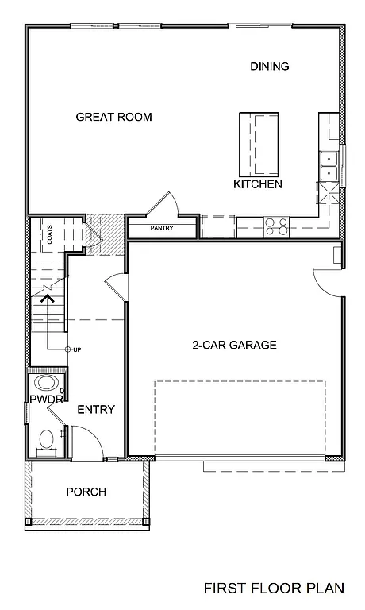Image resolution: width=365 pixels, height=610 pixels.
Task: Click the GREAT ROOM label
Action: [x=113, y=117]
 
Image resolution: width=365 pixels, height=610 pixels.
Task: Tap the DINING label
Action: [x=269, y=66]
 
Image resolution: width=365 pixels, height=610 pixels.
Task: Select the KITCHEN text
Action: [x=258, y=184]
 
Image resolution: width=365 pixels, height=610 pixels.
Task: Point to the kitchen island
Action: [x=259, y=143]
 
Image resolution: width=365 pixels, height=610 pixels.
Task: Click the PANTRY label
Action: [x=162, y=229]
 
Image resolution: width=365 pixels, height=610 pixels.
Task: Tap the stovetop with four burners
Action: [x=276, y=227]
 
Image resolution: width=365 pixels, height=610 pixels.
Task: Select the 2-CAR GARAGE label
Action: [x=234, y=345]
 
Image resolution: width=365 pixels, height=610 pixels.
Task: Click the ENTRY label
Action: [x=96, y=410]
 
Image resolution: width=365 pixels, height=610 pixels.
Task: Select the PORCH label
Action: [x=86, y=492]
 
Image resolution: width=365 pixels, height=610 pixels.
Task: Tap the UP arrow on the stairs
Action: [x=47, y=299]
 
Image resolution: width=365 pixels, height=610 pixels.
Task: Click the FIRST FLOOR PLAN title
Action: [x=274, y=589]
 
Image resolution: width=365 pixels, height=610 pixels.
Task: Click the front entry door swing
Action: [x=86, y=441]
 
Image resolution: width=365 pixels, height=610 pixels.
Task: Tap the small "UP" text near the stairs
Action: [x=77, y=349]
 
